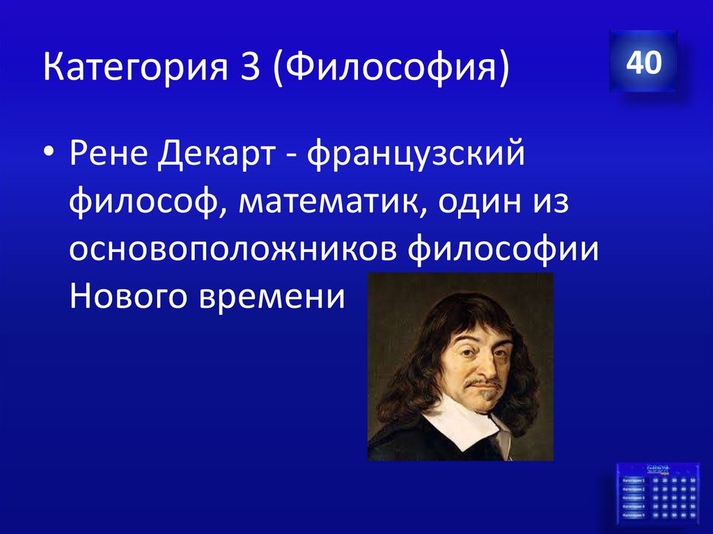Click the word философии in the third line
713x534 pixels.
[x=503, y=251]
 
